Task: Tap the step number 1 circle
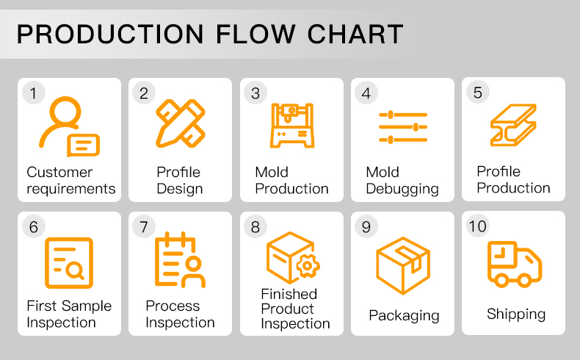[33, 93]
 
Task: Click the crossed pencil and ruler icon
[180, 123]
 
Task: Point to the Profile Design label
[179, 180]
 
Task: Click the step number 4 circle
[366, 93]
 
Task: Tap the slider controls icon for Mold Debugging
[402, 127]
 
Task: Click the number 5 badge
[478, 93]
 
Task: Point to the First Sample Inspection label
[69, 314]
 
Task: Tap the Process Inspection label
[180, 314]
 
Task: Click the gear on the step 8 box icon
[308, 266]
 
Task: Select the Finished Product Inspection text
[295, 309]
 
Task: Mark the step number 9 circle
[366, 226]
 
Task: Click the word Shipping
[516, 314]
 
